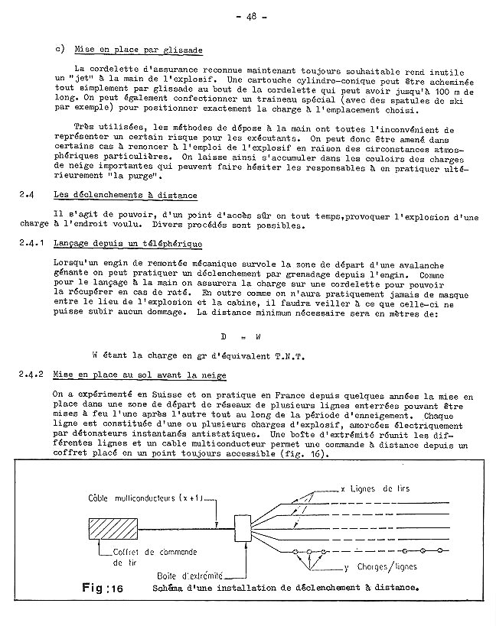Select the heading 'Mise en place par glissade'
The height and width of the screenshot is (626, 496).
coord(139,50)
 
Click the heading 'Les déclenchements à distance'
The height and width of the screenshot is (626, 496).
coord(126,196)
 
